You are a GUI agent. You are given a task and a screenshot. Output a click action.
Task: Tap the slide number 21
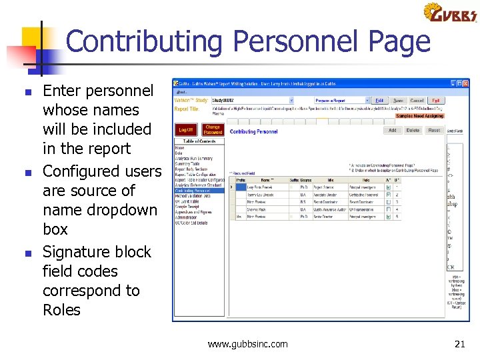click(459, 344)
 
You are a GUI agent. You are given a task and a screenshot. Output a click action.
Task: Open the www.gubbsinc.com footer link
click(247, 344)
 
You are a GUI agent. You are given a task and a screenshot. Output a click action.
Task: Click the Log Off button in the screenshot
click(185, 130)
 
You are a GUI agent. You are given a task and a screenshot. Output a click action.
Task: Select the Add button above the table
click(392, 131)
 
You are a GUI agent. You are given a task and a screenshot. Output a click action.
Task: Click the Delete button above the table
click(413, 131)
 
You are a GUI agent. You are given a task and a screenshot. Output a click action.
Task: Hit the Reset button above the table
click(434, 131)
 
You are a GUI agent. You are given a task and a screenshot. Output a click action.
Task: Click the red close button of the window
click(467, 83)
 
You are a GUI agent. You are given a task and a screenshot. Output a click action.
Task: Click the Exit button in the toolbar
click(436, 101)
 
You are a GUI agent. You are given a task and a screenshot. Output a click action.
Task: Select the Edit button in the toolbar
click(380, 101)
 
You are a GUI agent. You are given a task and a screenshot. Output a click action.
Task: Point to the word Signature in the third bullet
click(73, 252)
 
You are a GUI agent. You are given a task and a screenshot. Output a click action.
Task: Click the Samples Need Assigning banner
click(419, 115)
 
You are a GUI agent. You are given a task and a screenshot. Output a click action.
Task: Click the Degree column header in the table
click(305, 180)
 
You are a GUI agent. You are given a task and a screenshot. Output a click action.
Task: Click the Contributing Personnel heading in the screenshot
click(254, 132)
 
